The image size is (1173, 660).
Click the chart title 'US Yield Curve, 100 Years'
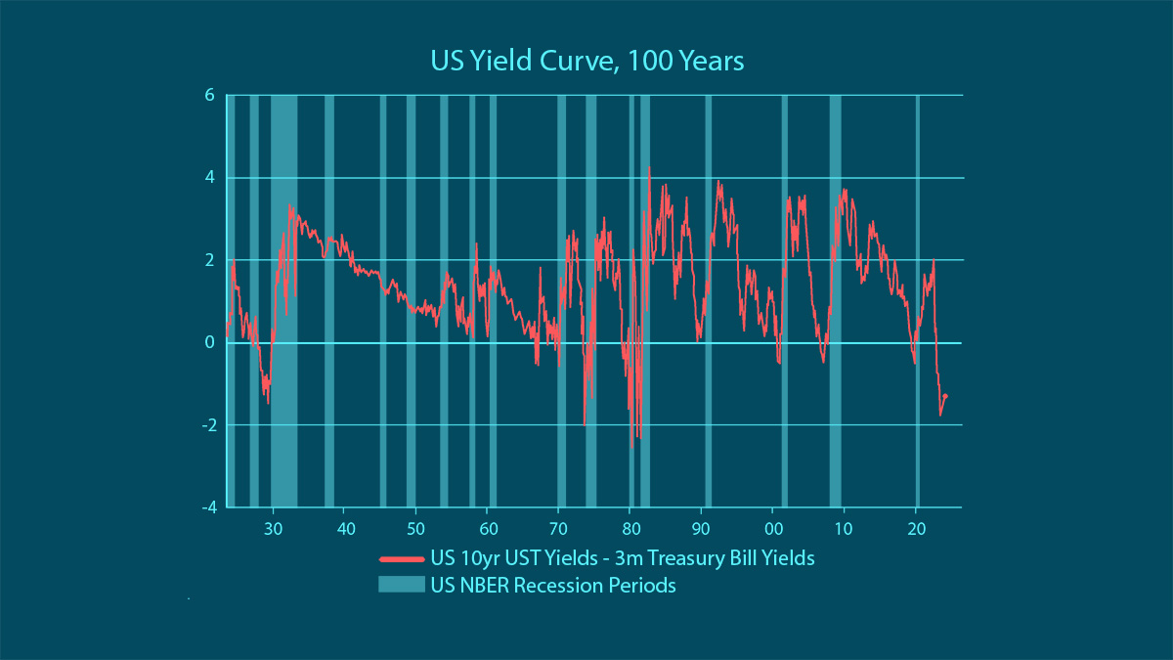pyautogui.click(x=587, y=62)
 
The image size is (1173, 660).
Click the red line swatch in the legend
pyautogui.click(x=401, y=559)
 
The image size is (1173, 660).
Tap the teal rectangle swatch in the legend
pyautogui.click(x=401, y=586)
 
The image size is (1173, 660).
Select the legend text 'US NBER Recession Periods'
pyautogui.click(x=552, y=586)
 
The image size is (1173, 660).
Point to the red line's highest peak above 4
pyautogui.click(x=649, y=168)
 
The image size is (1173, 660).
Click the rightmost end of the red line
pyautogui.click(x=946, y=395)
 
